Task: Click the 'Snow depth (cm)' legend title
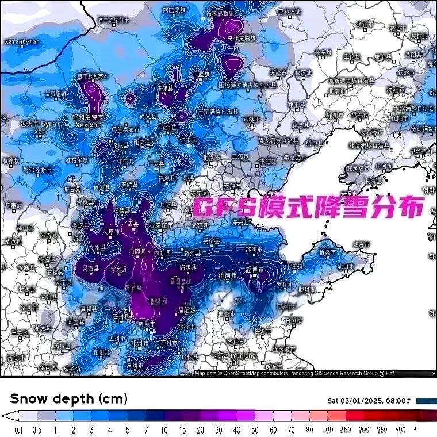pyautogui.click(x=69, y=398)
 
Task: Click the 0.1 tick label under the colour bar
pyautogui.click(x=18, y=430)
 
